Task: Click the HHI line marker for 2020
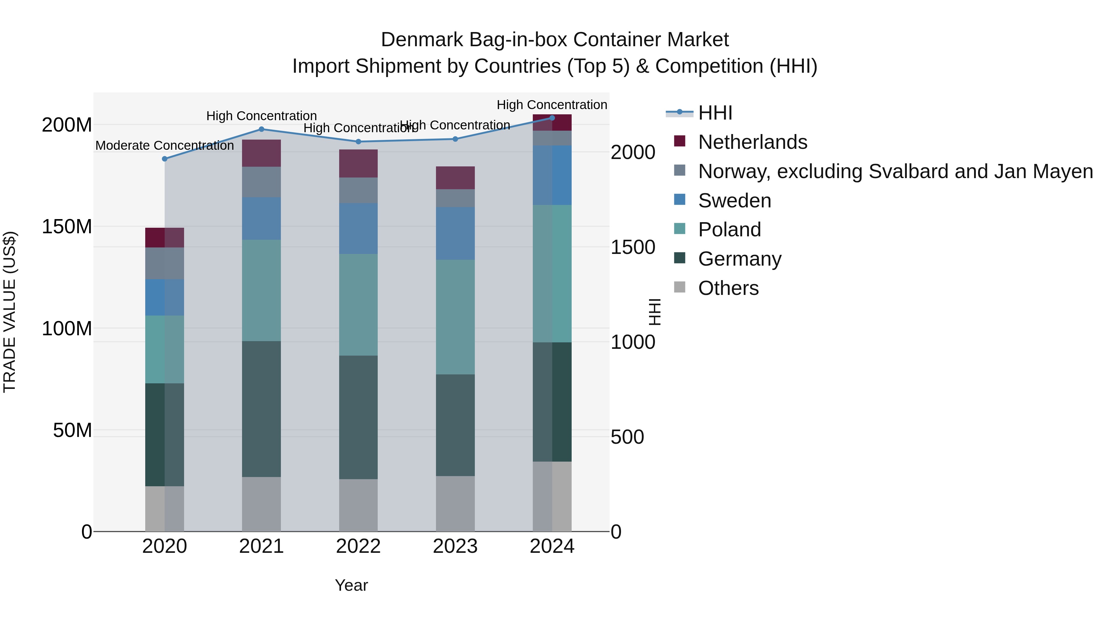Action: coord(165,159)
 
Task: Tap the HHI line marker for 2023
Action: coord(455,139)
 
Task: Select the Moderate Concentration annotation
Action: coord(165,145)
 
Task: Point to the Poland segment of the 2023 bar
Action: coord(455,317)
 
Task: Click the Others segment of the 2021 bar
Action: coord(261,504)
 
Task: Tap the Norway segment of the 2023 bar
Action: coord(455,198)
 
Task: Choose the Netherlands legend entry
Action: coord(752,142)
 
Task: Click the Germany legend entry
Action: coord(739,259)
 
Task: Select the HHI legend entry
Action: coord(714,113)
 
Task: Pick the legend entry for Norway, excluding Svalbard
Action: coord(895,171)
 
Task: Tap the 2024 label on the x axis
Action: coord(552,546)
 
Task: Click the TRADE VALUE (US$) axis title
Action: coord(10,312)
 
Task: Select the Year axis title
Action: coord(351,585)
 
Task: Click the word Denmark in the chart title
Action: coord(421,40)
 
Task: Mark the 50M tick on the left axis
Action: coord(72,430)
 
